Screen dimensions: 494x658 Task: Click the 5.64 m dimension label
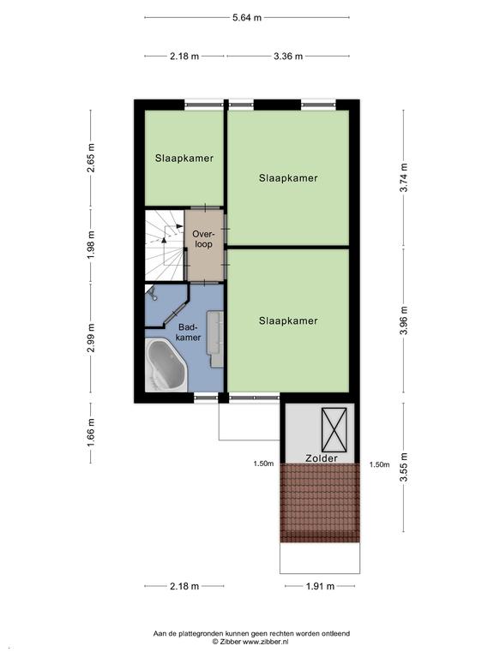[247, 18]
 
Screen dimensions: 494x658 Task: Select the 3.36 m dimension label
[288, 57]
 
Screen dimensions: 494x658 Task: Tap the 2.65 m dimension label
[91, 158]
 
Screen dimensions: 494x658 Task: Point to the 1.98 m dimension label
[91, 245]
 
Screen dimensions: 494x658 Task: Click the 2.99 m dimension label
[91, 338]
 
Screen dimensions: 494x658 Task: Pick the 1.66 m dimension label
[91, 433]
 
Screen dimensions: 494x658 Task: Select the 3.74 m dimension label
[404, 177]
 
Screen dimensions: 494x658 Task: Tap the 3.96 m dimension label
[404, 320]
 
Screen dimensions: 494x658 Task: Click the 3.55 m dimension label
[404, 468]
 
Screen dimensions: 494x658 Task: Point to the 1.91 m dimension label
[320, 587]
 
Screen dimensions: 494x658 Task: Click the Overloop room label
[203, 239]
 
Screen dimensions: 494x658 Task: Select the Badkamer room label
[188, 332]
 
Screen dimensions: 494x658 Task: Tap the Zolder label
[322, 458]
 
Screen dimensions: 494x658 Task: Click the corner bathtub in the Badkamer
[166, 366]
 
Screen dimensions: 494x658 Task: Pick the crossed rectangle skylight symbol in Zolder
[334, 429]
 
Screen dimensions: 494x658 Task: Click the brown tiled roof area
[320, 503]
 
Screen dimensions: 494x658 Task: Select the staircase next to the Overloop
[165, 245]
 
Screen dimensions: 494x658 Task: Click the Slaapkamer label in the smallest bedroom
[184, 159]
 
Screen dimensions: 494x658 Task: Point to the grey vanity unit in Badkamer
[215, 339]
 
